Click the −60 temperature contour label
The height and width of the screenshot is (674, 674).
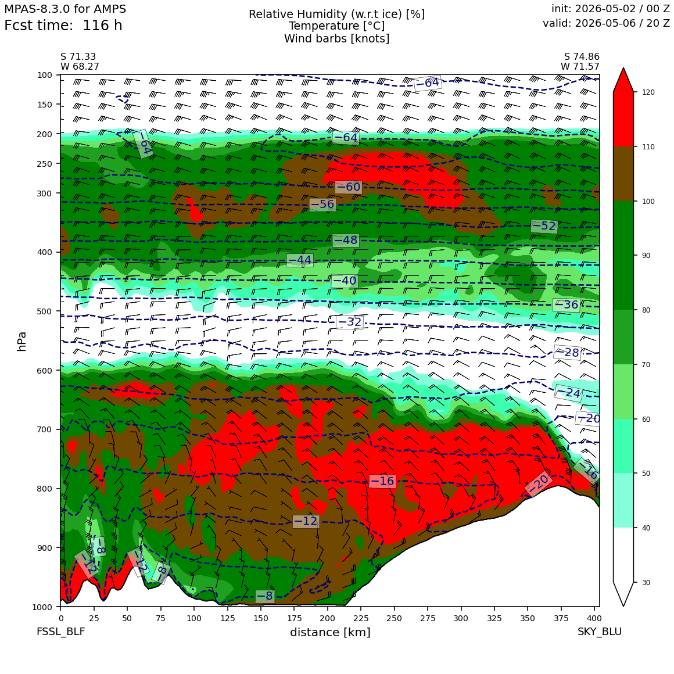(348, 187)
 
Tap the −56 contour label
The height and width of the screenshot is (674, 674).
(322, 204)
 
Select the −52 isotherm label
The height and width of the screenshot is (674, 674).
(544, 225)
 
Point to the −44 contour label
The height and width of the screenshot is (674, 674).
(300, 260)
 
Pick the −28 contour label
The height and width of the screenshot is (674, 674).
(568, 353)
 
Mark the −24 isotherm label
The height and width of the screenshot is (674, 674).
(568, 393)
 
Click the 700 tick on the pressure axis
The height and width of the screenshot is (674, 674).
(45, 429)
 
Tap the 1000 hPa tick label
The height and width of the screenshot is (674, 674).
(42, 607)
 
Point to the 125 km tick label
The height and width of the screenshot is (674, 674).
(227, 618)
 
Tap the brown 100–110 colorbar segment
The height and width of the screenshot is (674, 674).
(623, 174)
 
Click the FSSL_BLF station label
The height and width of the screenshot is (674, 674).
(60, 632)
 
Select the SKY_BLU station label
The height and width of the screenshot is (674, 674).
(599, 632)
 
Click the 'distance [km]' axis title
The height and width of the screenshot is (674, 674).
(330, 632)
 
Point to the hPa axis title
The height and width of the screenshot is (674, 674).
(21, 342)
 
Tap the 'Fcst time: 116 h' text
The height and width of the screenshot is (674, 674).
(63, 26)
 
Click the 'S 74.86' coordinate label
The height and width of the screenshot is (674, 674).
(582, 57)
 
